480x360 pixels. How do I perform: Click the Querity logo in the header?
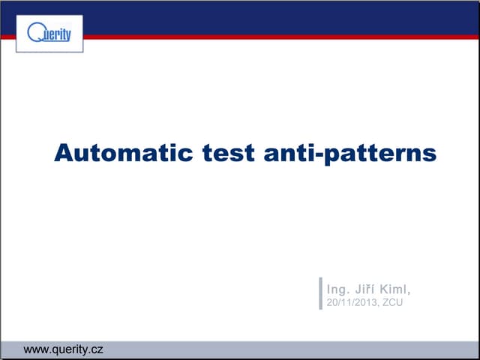click(49, 34)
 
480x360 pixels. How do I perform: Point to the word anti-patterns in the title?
click(350, 153)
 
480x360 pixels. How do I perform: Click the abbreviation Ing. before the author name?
click(338, 288)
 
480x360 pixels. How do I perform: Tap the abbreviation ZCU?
click(393, 302)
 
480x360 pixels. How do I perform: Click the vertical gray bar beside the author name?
click(321, 293)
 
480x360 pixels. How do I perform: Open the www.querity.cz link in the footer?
click(63, 350)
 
